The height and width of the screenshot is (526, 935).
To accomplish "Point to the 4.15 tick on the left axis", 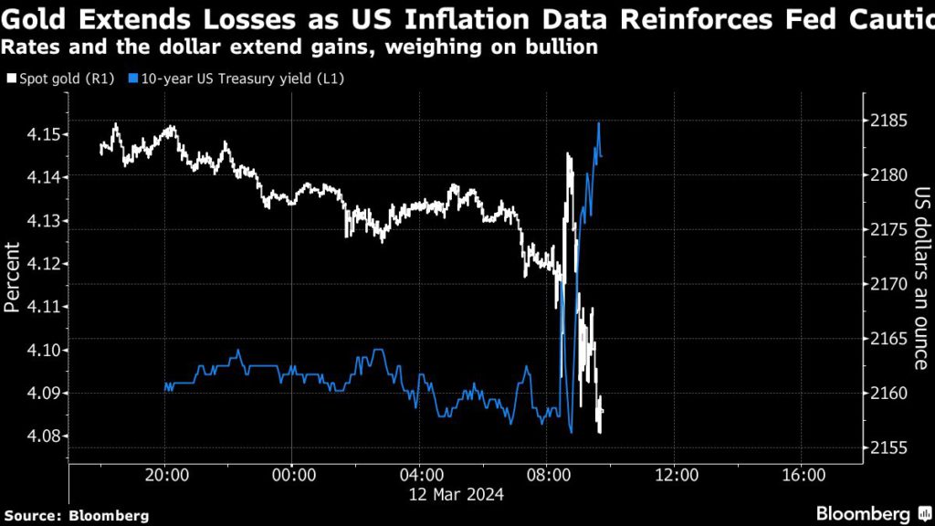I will (45, 135).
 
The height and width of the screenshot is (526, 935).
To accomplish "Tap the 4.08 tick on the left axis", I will (45, 437).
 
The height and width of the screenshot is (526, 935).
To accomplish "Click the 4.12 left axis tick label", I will (45, 264).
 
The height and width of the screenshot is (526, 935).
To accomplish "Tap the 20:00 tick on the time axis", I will (164, 475).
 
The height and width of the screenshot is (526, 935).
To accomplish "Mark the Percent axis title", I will (13, 278).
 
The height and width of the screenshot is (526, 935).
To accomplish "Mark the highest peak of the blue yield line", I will (598, 123).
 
